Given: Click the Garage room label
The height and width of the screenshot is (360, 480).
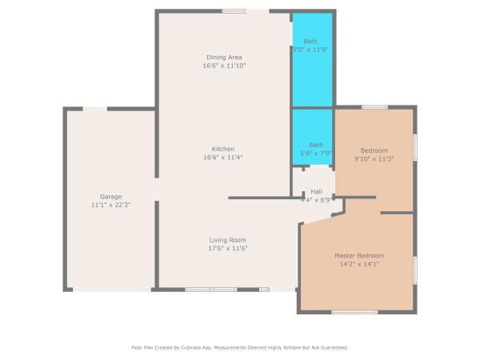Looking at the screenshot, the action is [x=111, y=197].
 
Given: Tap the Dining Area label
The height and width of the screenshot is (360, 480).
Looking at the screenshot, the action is [x=224, y=58].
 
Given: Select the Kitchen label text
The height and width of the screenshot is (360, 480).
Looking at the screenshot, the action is [x=223, y=149].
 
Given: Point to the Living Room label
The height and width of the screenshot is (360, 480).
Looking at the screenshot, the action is [x=228, y=240].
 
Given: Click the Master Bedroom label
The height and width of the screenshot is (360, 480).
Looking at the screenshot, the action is [x=359, y=256].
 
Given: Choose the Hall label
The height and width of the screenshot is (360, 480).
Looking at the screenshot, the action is [x=316, y=192].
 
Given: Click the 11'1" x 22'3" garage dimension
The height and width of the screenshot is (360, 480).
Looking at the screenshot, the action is [x=111, y=205].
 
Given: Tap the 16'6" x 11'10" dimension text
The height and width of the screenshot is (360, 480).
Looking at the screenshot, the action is [x=224, y=66].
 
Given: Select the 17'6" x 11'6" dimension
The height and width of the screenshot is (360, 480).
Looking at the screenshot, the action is [x=228, y=248].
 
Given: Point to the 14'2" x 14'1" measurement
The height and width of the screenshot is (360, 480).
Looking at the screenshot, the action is [x=359, y=264].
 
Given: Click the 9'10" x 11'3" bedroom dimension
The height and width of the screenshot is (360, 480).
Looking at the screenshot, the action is [x=374, y=158].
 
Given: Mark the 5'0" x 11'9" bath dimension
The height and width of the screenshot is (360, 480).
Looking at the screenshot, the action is [x=310, y=50].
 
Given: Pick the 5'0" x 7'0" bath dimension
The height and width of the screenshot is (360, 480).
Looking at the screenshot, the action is [x=316, y=153].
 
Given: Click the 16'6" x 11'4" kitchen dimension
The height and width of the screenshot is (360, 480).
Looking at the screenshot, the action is [x=223, y=158].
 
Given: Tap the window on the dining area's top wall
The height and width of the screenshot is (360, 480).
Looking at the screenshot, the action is [x=234, y=11].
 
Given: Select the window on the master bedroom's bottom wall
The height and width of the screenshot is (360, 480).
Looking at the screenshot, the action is [x=354, y=312].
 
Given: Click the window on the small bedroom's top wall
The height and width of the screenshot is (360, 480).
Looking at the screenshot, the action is [x=374, y=107].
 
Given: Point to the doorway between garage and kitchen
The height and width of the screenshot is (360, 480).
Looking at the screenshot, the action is [x=157, y=189].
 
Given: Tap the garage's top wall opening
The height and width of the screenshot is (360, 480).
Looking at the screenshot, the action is [x=95, y=109].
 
